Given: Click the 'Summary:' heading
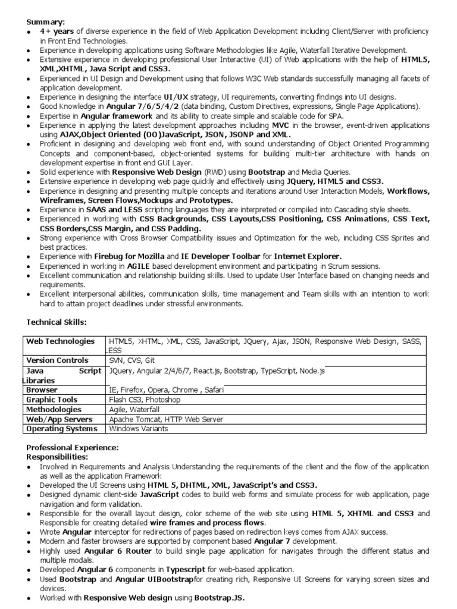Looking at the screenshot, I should click(45, 21).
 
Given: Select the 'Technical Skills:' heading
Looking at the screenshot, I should click(57, 322).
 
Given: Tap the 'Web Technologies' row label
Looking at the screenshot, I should click(60, 341).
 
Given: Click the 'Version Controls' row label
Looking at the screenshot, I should click(57, 360).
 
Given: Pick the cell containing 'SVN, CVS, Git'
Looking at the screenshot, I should click(132, 360).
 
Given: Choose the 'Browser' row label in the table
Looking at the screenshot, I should click(41, 390).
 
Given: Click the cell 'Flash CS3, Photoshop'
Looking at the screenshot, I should click(145, 400).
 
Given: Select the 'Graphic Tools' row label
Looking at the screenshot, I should click(51, 400).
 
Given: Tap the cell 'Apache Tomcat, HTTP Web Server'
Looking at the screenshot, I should click(166, 419).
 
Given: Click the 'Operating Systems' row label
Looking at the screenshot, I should click(61, 429).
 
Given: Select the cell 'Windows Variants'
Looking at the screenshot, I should click(139, 429).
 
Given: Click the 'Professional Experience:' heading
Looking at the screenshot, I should click(73, 447).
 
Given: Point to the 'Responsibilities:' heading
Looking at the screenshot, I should click(57, 457).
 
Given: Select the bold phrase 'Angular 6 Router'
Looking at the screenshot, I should click(115, 551).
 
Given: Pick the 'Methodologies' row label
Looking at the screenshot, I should click(54, 410).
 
